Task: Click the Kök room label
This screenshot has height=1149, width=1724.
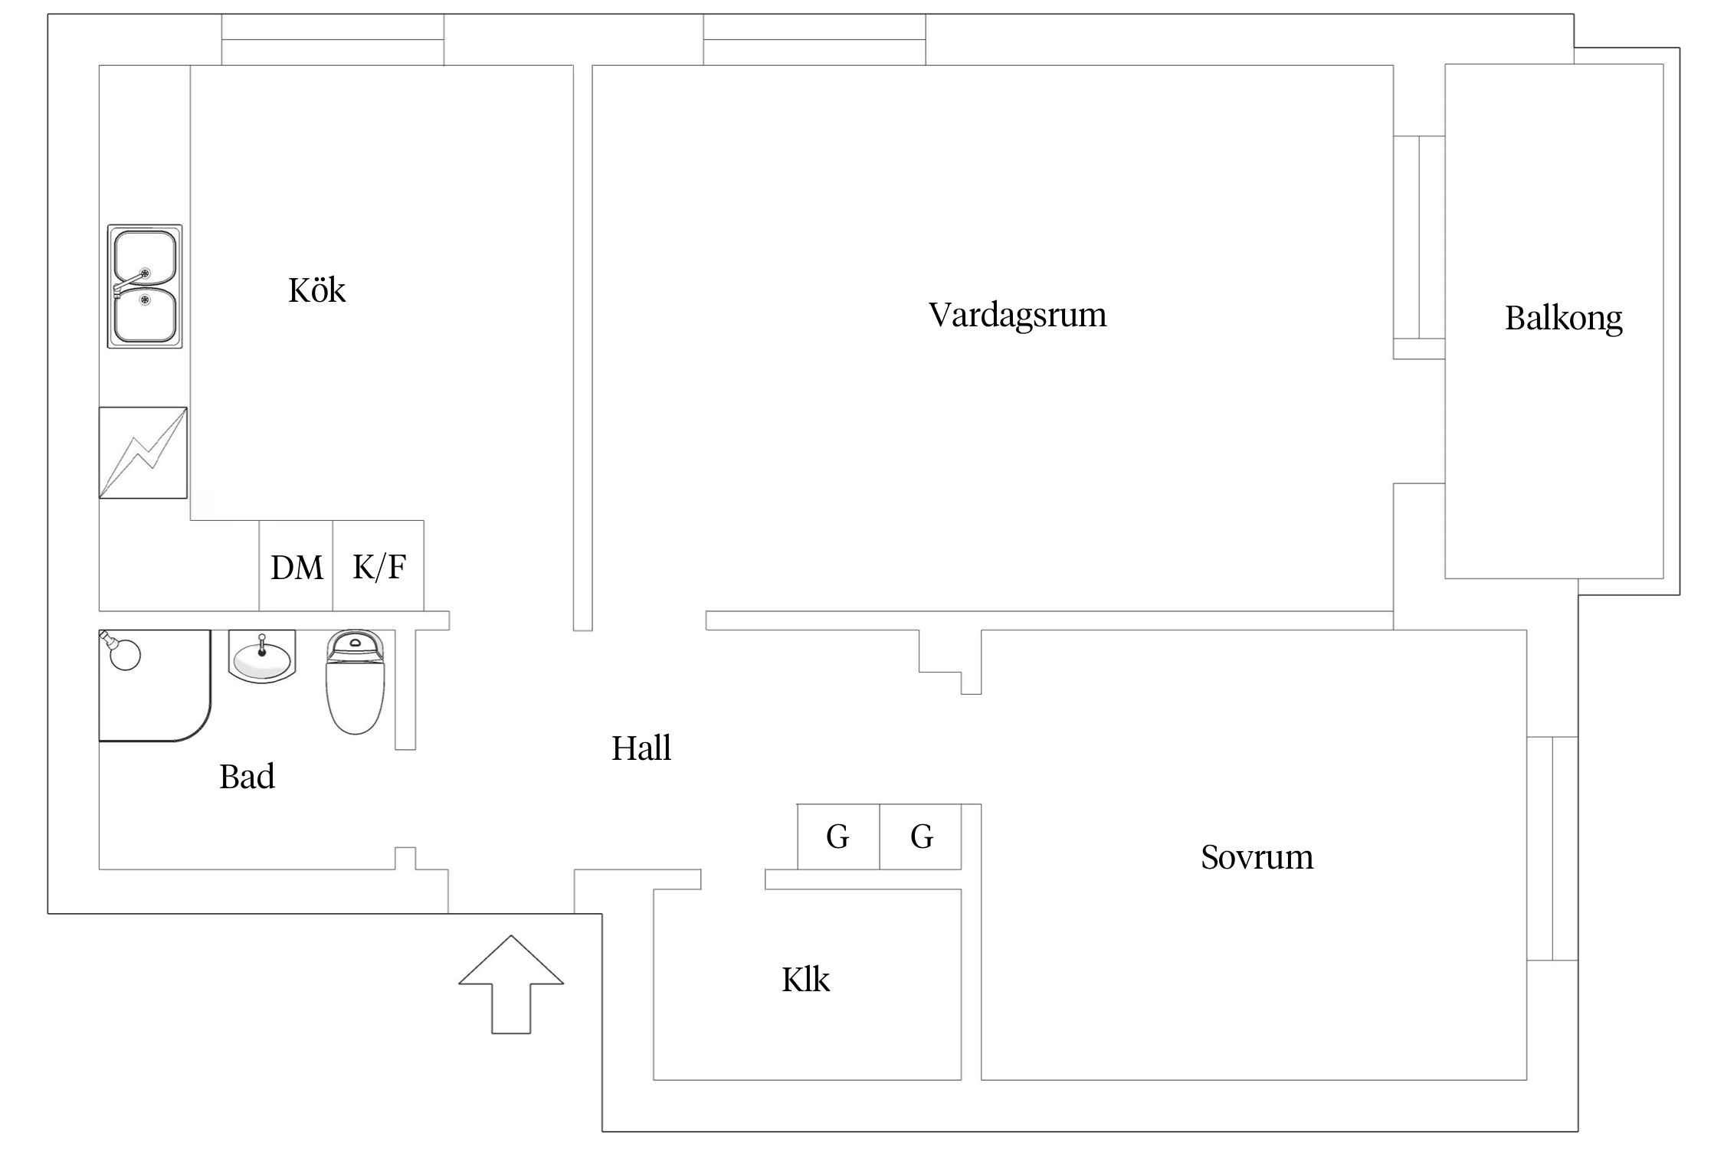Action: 316,290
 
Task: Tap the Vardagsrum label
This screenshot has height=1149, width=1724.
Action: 1018,315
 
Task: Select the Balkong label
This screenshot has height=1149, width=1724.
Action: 1563,318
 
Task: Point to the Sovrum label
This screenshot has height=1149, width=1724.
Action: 1257,856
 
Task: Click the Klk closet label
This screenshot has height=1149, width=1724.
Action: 805,980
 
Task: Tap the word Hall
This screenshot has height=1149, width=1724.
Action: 641,748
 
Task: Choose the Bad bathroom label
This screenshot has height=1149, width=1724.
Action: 247,777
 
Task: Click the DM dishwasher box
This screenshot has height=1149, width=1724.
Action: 297,567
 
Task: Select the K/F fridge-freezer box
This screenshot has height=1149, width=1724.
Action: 379,567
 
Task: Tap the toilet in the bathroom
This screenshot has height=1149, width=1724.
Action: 355,682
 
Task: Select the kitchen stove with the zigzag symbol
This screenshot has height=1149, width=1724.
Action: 143,453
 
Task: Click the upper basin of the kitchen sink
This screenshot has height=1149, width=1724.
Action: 145,258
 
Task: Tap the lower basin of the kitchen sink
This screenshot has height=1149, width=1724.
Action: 145,316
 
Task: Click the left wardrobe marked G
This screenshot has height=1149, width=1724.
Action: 838,836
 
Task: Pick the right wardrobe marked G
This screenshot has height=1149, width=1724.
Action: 920,836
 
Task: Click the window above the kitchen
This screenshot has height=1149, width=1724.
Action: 333,40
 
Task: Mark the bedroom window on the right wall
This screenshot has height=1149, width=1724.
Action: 1552,848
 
